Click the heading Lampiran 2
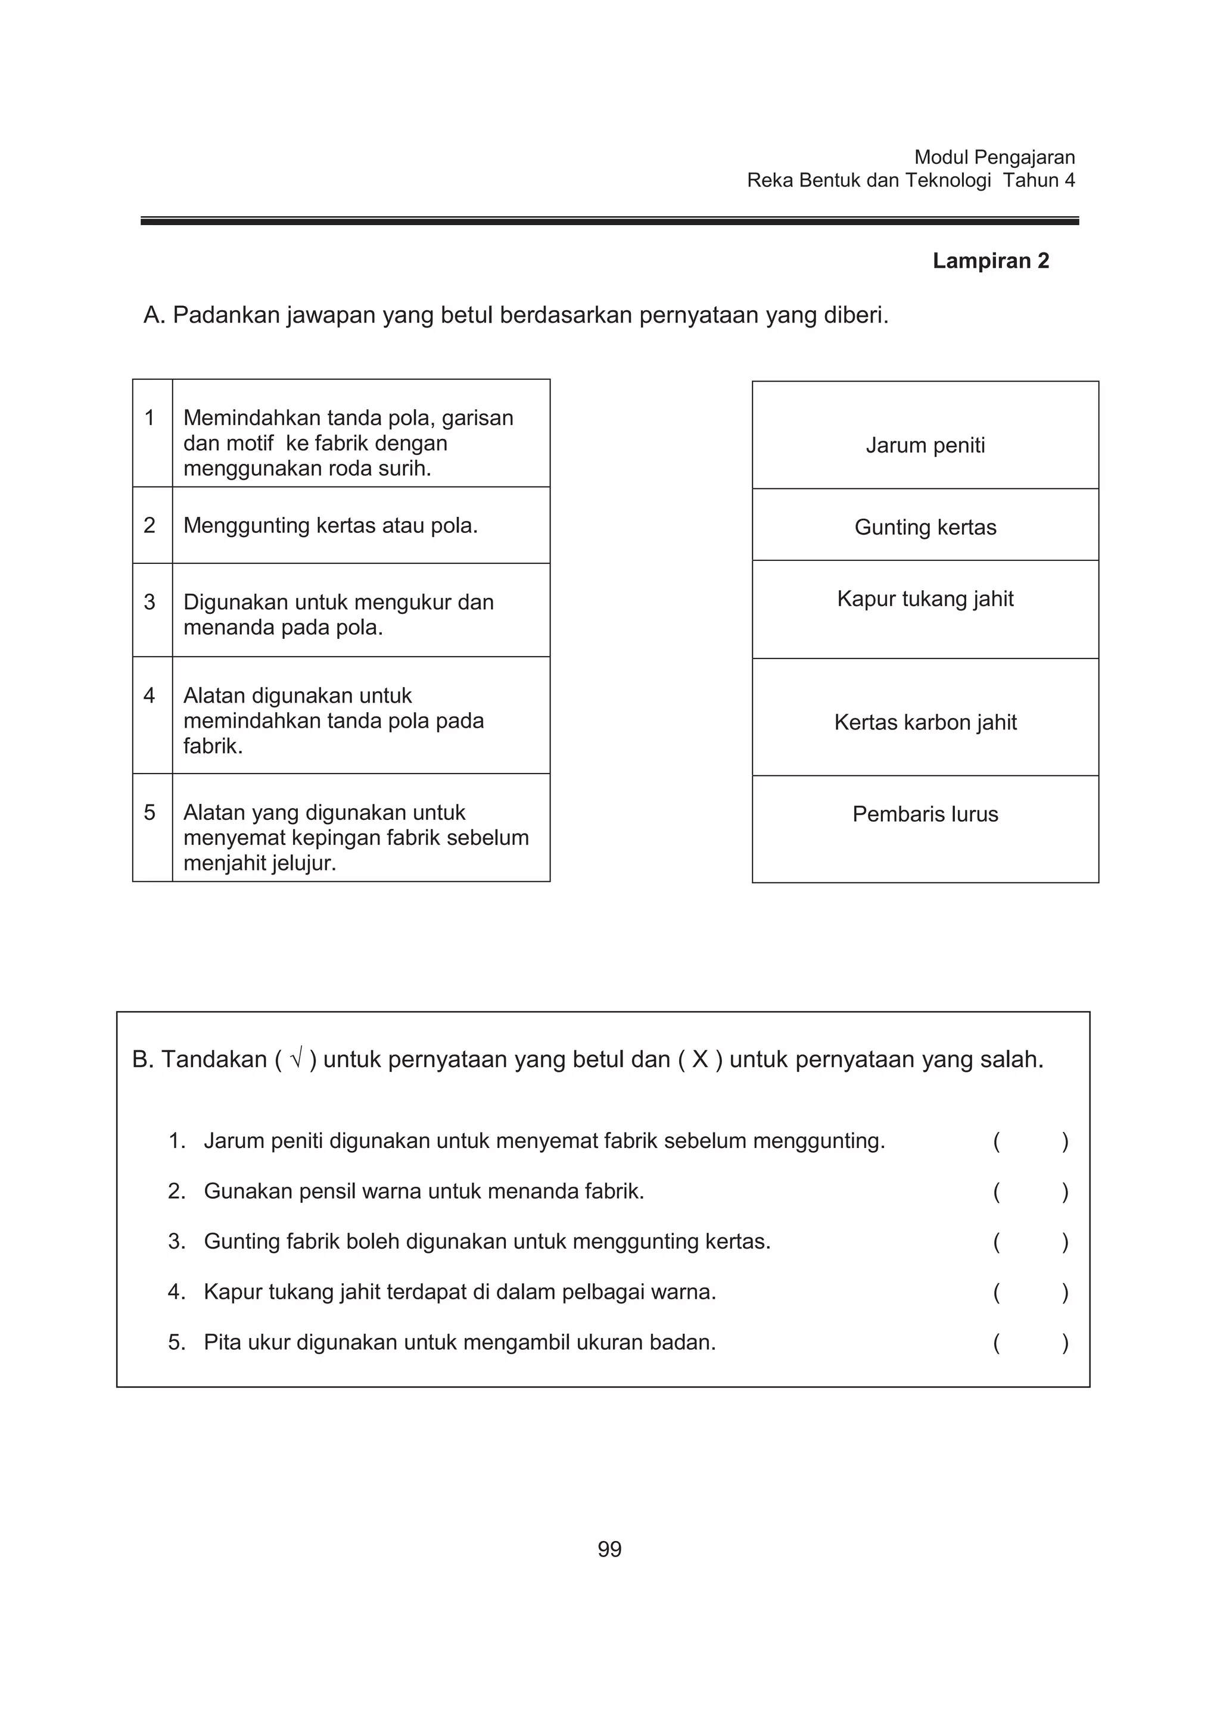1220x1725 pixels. (x=990, y=261)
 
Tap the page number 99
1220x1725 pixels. (x=609, y=1549)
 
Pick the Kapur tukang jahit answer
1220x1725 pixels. (x=925, y=599)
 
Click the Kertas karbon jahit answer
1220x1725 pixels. (x=925, y=722)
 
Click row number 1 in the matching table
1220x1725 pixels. (x=150, y=418)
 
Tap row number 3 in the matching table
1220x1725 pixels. (x=150, y=602)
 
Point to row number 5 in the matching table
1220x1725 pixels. (x=150, y=812)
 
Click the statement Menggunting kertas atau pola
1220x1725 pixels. (x=331, y=525)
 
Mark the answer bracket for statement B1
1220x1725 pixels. (x=1030, y=1141)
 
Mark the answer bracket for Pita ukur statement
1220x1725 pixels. (x=1030, y=1343)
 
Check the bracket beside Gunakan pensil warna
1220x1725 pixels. (x=1030, y=1191)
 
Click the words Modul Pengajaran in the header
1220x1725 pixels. (x=994, y=157)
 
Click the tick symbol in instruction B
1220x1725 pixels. (x=295, y=1059)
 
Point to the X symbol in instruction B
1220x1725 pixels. (x=699, y=1059)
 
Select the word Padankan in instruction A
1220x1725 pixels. (x=226, y=315)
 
